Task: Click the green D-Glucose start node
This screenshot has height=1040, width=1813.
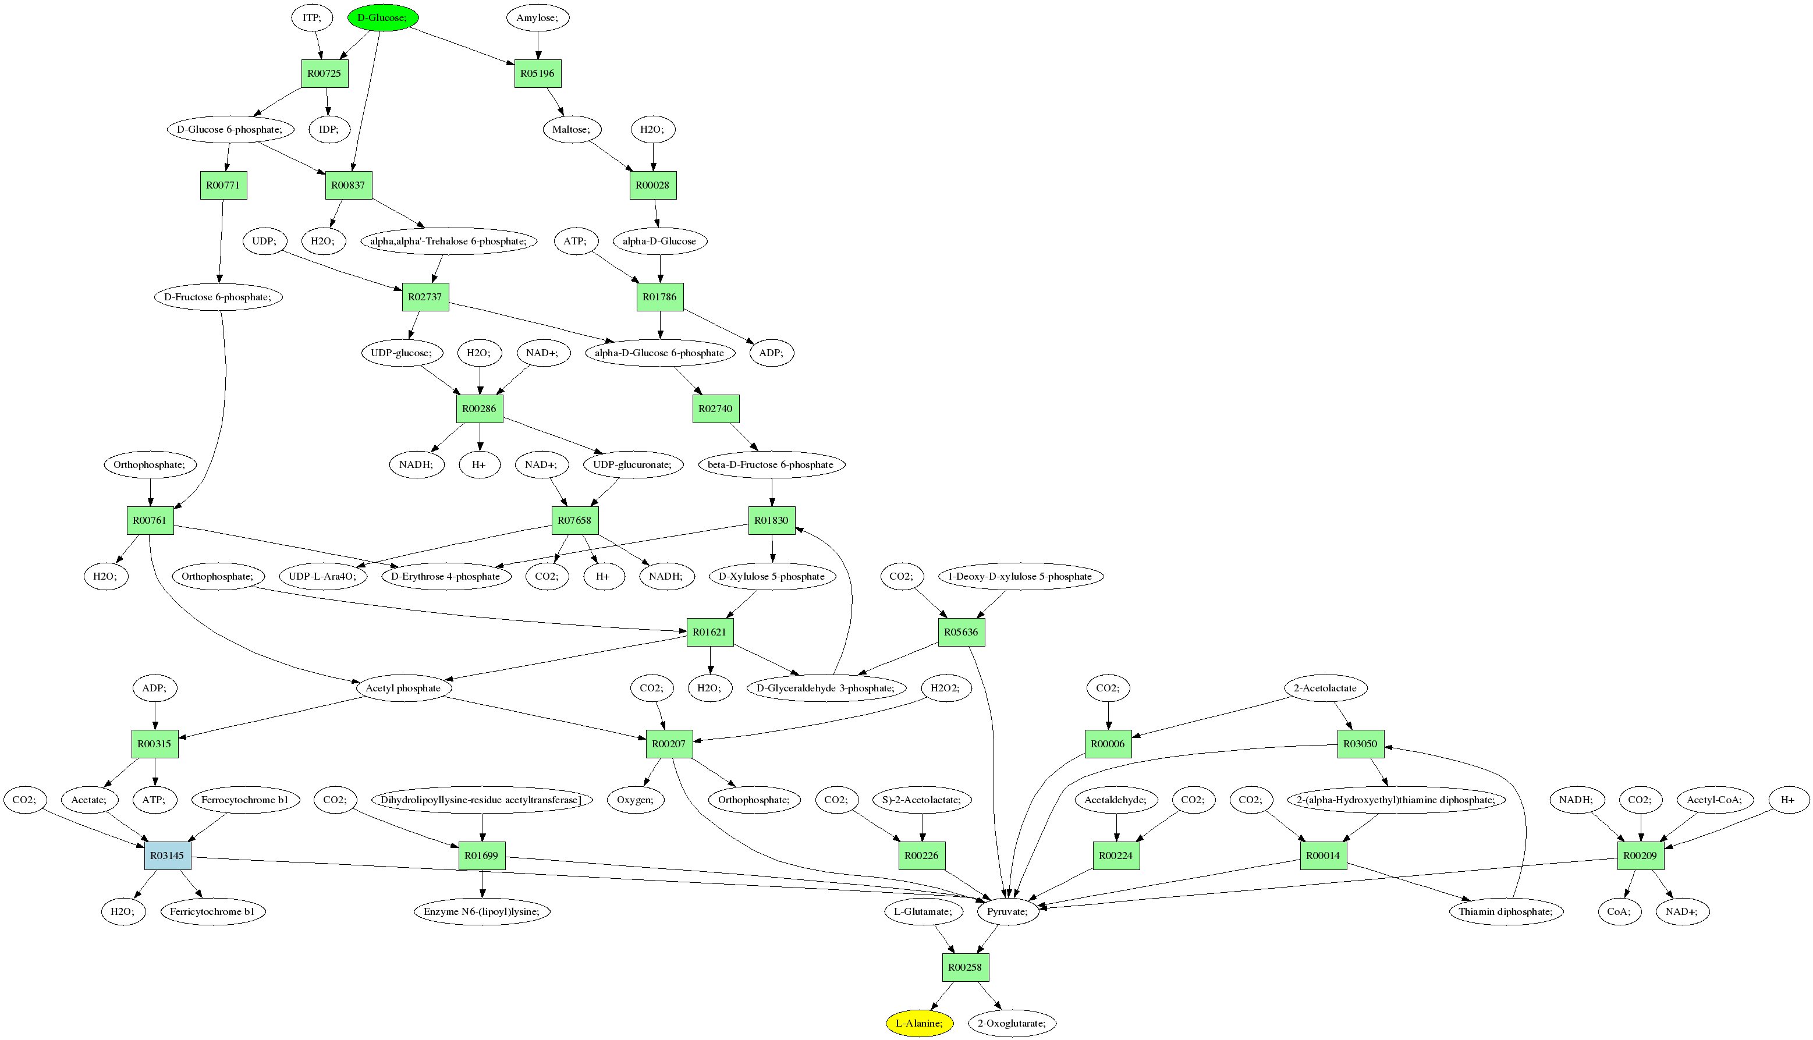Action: pos(383,17)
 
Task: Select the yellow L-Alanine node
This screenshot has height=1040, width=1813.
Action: pos(920,1023)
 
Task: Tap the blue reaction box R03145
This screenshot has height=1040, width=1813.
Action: pos(168,855)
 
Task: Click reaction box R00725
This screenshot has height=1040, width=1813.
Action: pos(324,73)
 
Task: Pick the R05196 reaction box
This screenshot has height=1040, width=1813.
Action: pos(537,73)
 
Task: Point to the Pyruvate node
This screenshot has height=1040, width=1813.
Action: pos(1007,911)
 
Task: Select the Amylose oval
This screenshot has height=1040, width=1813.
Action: pos(537,17)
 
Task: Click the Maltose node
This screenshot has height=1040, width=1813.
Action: pos(572,129)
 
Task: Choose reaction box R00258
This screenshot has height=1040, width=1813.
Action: pos(965,967)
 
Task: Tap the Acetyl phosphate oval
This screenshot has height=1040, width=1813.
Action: pos(403,688)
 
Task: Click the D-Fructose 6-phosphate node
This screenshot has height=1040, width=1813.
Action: pos(218,296)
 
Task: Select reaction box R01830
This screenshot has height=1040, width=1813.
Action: pos(772,520)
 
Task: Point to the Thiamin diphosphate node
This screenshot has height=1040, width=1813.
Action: pos(1506,911)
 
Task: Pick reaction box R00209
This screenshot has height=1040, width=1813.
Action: pos(1640,855)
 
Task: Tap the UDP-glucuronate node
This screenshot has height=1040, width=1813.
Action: pos(632,464)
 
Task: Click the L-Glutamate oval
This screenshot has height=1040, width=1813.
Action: pos(923,911)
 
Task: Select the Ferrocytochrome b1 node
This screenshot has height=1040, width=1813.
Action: pos(245,799)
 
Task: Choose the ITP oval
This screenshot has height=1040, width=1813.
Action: pos(311,17)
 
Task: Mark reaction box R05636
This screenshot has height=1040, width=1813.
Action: pos(961,631)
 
